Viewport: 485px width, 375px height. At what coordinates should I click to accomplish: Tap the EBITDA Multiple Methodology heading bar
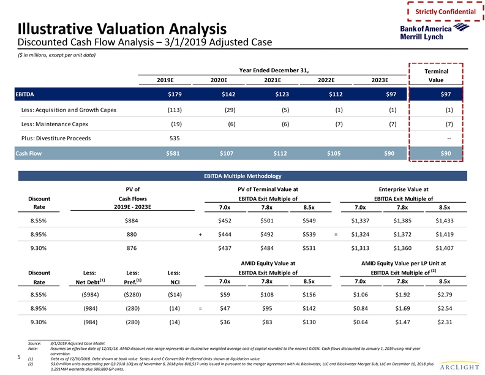point(242,176)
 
